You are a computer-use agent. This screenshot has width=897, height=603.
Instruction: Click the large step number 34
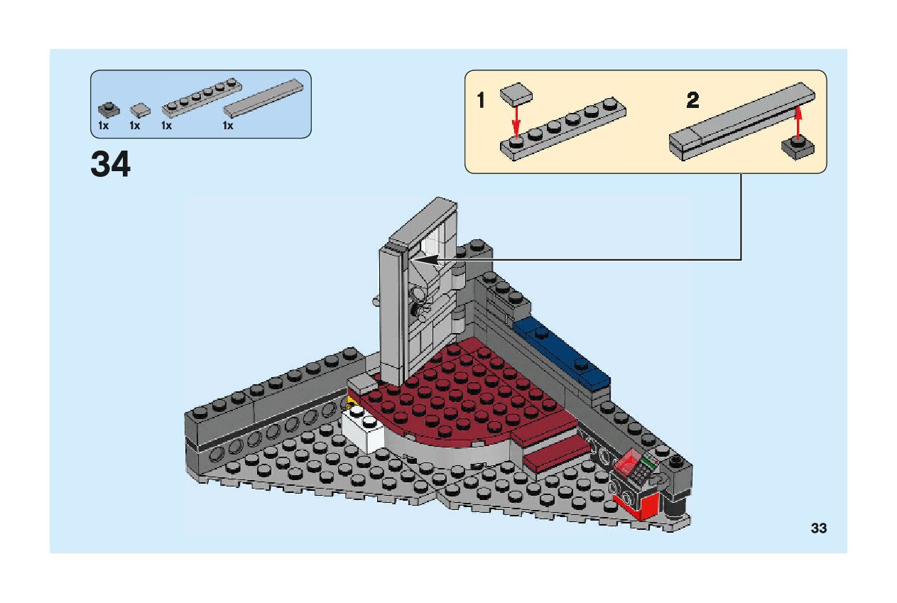[x=110, y=164]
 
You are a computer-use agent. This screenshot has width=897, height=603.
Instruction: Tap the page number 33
[x=818, y=528]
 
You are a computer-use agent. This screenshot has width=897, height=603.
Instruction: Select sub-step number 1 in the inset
[x=481, y=101]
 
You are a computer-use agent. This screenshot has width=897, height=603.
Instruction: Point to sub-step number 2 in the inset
[x=692, y=101]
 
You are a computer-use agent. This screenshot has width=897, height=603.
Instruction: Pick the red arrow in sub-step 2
[x=798, y=121]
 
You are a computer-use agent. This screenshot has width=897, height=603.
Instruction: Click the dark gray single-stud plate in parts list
[x=107, y=110]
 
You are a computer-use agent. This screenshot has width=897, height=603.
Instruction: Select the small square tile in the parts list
[x=140, y=109]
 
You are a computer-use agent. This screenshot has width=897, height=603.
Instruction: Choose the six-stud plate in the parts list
[x=202, y=98]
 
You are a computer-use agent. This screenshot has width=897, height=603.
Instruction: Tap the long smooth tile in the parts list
[x=263, y=97]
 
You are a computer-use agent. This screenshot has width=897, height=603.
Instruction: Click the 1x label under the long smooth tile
[x=228, y=126]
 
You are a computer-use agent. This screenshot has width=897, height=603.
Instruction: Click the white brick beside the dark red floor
[x=364, y=428]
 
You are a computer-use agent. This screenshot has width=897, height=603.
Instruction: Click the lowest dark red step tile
[x=557, y=455]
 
